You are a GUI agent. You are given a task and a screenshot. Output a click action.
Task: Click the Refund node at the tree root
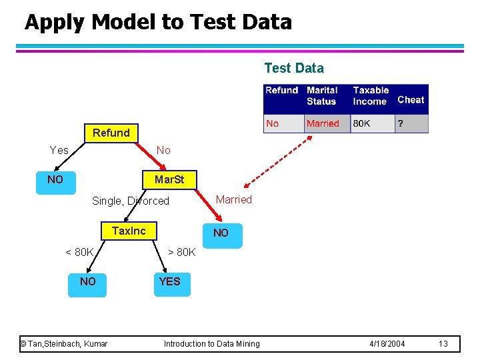[111, 133]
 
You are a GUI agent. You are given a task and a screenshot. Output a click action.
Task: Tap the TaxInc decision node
[128, 231]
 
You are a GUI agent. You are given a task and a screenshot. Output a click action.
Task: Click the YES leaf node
[169, 281]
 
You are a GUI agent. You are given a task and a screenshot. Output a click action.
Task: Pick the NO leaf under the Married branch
[221, 233]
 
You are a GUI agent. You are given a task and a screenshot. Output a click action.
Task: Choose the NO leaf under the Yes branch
[55, 180]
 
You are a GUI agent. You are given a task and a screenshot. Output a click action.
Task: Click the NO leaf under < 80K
[87, 281]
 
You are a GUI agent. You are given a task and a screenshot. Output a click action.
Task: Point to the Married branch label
[233, 200]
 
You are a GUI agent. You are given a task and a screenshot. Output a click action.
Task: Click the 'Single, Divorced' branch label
[131, 201]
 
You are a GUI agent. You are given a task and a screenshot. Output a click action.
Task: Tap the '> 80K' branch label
[181, 252]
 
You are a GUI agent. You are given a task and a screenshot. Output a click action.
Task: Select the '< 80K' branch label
[79, 252]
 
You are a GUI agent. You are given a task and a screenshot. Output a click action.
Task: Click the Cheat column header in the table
[411, 100]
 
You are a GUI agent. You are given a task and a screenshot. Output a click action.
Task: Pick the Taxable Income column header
[371, 95]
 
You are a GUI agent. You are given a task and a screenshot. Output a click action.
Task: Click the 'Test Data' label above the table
[294, 68]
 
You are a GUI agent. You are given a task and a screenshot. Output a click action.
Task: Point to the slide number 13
[443, 344]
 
